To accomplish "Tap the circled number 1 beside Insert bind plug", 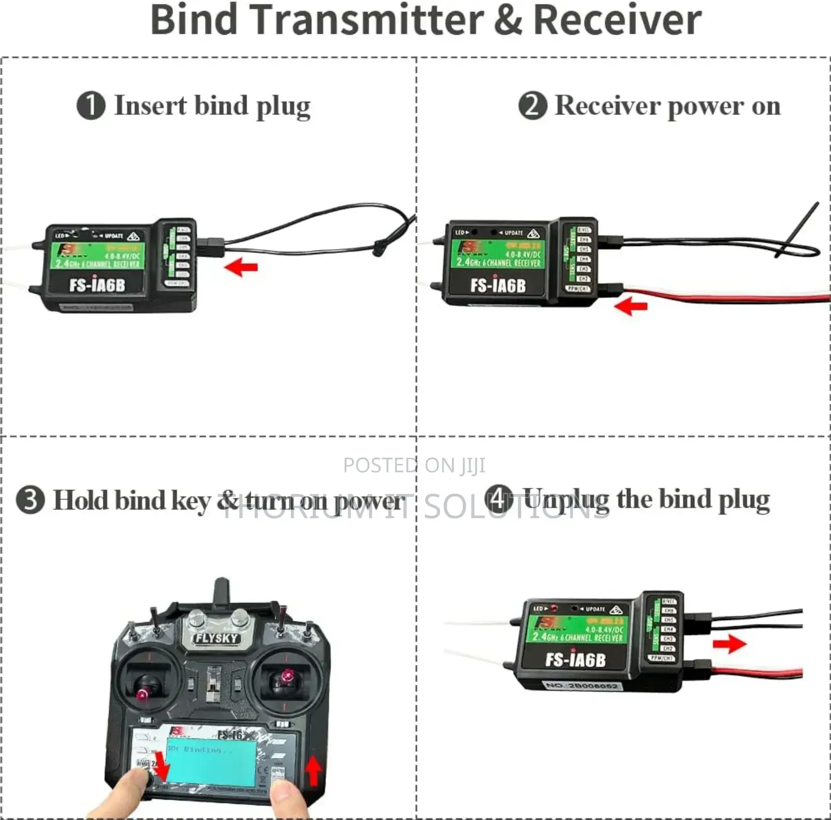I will [91, 105].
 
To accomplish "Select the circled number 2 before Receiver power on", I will [532, 105].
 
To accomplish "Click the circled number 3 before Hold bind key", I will [30, 500].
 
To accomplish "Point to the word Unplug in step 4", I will [566, 500].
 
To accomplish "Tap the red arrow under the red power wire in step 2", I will [631, 306].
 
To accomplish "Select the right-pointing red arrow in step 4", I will [729, 644].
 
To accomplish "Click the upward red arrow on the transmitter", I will [313, 771].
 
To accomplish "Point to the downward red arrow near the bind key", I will [162, 767].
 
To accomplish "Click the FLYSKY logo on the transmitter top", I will [216, 638].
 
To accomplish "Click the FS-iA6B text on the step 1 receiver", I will [97, 285].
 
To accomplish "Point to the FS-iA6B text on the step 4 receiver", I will [575, 660].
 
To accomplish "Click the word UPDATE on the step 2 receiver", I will [513, 233].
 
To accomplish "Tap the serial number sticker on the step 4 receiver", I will [582, 685].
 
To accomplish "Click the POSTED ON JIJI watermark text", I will [414, 465].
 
